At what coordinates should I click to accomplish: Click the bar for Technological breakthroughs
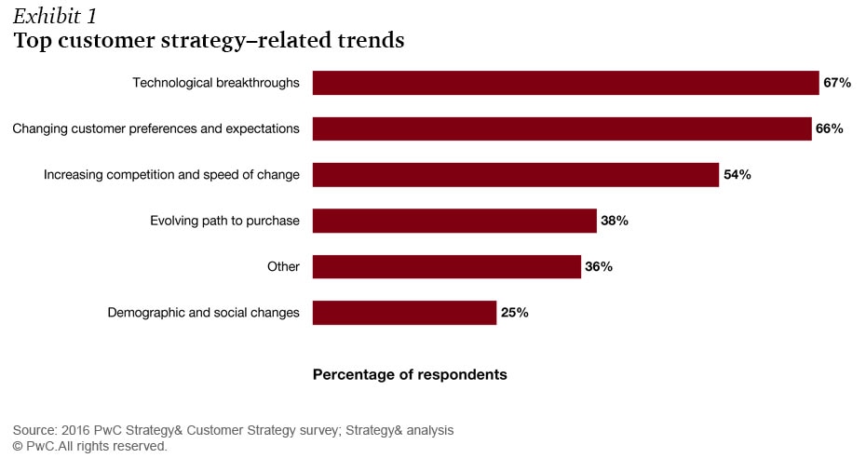pyautogui.click(x=565, y=83)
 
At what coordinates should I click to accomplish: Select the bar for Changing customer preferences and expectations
pyautogui.click(x=562, y=128)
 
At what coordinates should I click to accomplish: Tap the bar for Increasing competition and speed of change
pyautogui.click(x=515, y=174)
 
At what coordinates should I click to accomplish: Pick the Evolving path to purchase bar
pyautogui.click(x=453, y=221)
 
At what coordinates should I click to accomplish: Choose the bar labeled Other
pyautogui.click(x=446, y=266)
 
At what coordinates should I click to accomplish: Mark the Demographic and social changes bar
pyautogui.click(x=404, y=313)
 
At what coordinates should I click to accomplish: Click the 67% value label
pyautogui.click(x=837, y=83)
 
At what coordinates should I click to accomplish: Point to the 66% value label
pyautogui.click(x=830, y=128)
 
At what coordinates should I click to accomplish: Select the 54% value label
pyautogui.click(x=737, y=174)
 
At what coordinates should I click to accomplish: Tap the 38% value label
pyautogui.click(x=615, y=221)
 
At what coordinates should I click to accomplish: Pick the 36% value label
pyautogui.click(x=599, y=266)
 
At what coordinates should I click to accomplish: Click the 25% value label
pyautogui.click(x=515, y=313)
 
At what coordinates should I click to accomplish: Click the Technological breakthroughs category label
pyautogui.click(x=216, y=83)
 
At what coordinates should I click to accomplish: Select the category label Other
pyautogui.click(x=283, y=266)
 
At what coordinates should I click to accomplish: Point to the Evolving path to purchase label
pyautogui.click(x=224, y=221)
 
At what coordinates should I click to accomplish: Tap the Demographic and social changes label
pyautogui.click(x=204, y=313)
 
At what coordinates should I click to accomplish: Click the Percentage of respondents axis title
pyautogui.click(x=410, y=374)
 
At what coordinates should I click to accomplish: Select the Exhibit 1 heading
pyautogui.click(x=55, y=16)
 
